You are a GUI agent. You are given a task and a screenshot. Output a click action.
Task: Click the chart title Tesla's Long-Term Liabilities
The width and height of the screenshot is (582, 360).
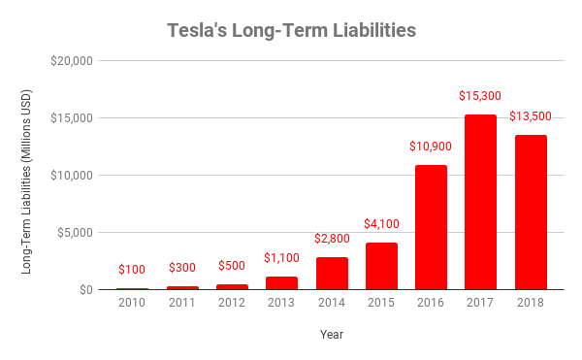(290, 30)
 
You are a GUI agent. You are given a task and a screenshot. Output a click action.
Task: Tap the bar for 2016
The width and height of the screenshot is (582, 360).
(432, 227)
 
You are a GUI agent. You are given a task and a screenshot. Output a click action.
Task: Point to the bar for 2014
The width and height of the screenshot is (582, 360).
(332, 273)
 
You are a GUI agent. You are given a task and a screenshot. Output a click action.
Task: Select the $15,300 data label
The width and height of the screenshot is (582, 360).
(481, 97)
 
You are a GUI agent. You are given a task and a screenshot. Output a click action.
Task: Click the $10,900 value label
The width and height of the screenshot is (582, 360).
(432, 147)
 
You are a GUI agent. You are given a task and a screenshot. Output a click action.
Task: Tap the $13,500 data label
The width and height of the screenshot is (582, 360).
(531, 117)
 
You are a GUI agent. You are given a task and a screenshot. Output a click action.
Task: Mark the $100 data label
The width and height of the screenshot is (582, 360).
(132, 271)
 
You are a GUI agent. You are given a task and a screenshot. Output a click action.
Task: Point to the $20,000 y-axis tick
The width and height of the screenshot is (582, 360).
(71, 60)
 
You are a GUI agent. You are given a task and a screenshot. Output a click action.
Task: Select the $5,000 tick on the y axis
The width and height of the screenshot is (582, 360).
(74, 232)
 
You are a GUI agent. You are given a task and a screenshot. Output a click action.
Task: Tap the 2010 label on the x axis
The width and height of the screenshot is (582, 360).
(132, 304)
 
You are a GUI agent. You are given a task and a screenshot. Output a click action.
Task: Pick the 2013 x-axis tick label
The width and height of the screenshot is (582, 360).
(281, 304)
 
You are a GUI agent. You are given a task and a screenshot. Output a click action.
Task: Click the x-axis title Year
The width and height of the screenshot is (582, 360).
(331, 335)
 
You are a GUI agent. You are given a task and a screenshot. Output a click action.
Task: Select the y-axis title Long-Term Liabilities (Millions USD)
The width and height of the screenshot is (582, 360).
(27, 175)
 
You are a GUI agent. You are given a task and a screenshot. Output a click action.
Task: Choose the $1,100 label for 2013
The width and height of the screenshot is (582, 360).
(281, 259)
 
